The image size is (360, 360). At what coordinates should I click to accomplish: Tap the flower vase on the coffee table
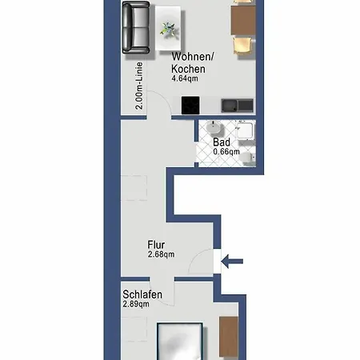pos(170,29)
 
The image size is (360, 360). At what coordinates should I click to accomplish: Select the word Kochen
pos(189,68)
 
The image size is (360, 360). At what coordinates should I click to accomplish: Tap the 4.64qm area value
pos(186,79)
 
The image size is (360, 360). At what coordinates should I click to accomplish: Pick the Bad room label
pos(221,142)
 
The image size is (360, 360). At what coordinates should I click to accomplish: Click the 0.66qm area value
pos(227,152)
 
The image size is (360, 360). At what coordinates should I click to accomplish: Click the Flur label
pos(157,245)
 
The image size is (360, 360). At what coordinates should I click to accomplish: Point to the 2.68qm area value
pos(161,255)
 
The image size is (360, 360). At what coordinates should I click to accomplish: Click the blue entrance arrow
pos(234,260)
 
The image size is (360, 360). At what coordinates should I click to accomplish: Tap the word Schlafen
pos(143,294)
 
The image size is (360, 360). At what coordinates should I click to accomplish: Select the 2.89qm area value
pos(138,305)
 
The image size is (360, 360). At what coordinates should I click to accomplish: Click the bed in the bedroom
pos(178,342)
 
